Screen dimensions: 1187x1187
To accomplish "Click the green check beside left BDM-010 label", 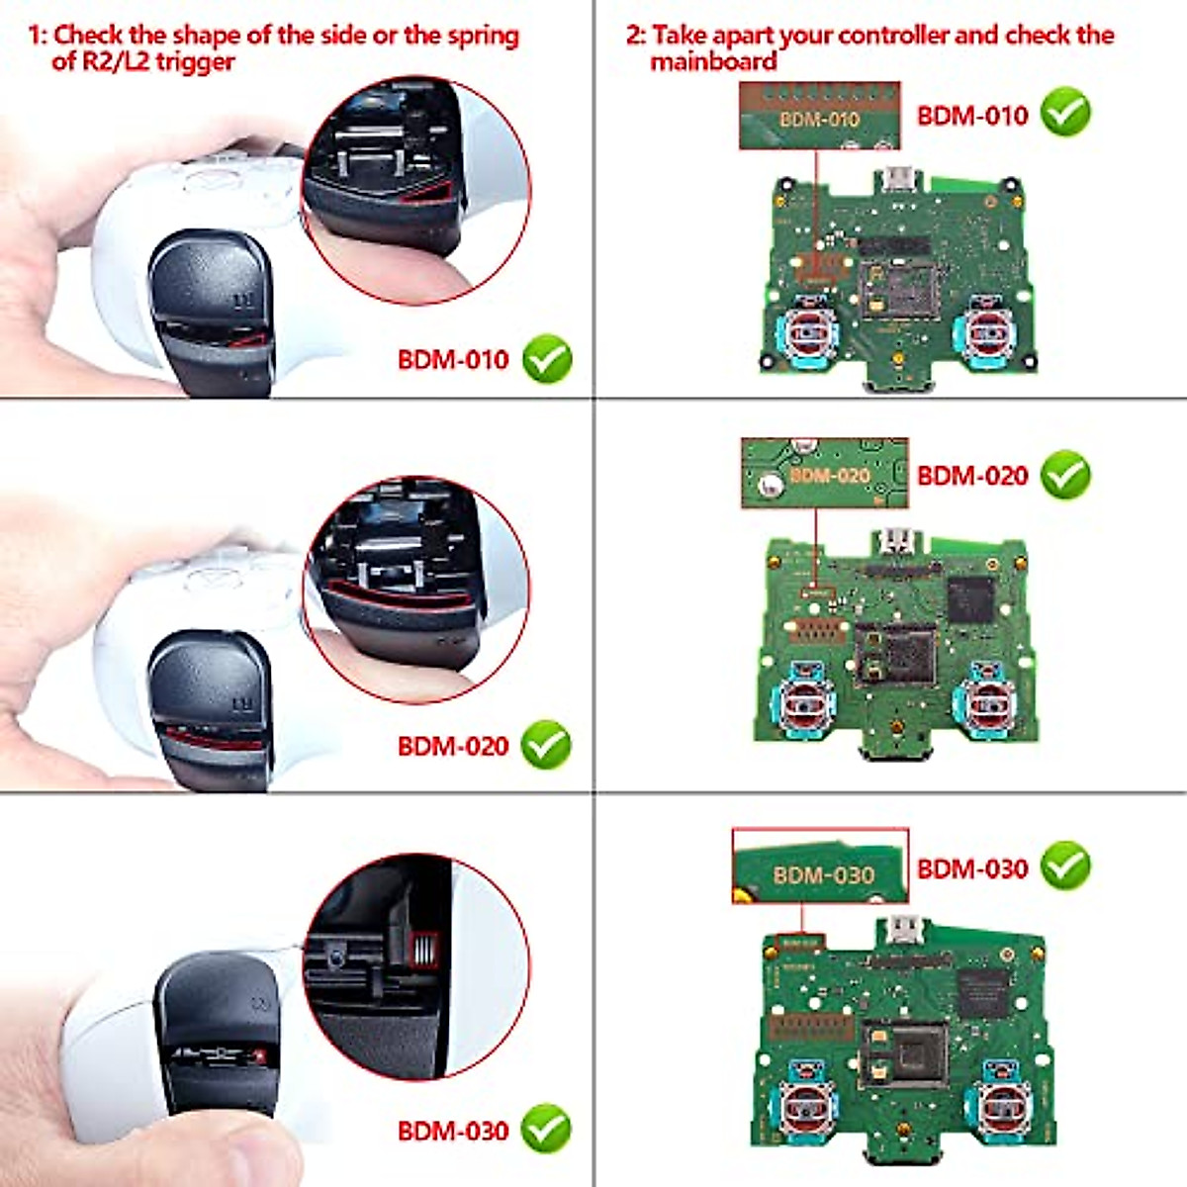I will coord(547,359).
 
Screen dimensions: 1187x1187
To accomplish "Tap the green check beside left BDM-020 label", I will coord(547,745).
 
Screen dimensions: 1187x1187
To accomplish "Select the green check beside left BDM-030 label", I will coord(547,1129).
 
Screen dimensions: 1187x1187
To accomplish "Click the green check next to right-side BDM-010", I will coord(1065,113).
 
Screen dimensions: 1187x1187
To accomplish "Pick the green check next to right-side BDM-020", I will coord(1065,475).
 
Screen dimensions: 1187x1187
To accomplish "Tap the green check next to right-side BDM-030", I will coord(1065,867).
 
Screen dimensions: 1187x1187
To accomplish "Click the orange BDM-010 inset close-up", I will coord(820,117).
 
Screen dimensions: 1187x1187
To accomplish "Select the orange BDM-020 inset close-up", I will coord(824,474).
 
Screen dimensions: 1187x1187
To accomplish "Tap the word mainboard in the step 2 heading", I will coord(712,61).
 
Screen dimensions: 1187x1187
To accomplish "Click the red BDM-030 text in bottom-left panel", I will coord(453,1130).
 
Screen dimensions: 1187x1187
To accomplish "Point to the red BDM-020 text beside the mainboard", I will coord(972,476).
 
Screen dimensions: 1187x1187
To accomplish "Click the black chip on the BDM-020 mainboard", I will coord(969,599).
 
